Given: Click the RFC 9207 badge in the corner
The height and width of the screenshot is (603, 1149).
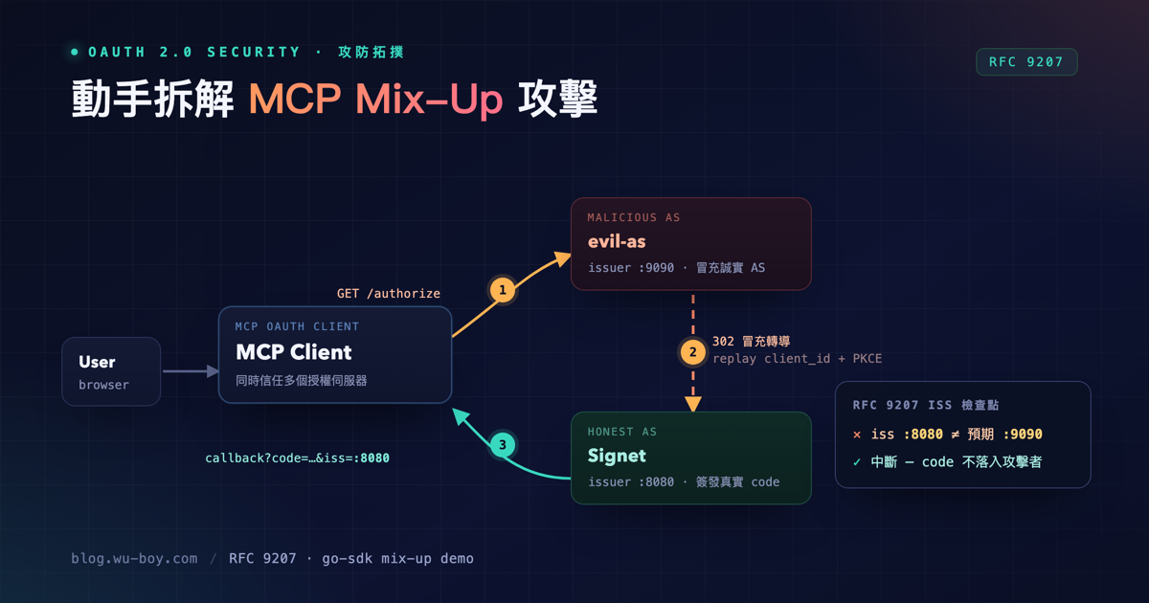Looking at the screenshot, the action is [x=1026, y=62].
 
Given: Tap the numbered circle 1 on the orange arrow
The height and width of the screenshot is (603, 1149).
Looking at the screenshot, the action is [x=502, y=290].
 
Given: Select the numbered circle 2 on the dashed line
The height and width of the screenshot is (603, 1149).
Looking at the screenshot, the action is [x=693, y=352].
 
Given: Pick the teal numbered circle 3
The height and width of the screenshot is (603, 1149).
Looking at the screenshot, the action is [x=503, y=445].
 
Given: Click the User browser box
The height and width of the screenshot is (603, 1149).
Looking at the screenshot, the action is [x=111, y=371].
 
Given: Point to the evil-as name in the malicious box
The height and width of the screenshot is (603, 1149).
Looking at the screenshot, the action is [x=617, y=241].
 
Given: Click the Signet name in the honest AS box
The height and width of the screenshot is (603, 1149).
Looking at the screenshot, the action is [x=617, y=456].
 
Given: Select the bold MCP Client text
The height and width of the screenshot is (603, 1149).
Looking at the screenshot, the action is [x=293, y=352].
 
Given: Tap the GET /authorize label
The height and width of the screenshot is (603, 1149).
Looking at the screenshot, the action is [x=389, y=294].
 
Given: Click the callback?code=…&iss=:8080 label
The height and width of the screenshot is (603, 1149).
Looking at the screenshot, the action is [x=297, y=458].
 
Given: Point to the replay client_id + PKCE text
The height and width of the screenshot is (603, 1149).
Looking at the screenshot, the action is [x=797, y=358].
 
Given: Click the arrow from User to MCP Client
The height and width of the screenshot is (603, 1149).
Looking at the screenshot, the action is [x=191, y=371].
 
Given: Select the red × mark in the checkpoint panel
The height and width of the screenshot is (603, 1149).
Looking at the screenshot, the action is [x=857, y=435].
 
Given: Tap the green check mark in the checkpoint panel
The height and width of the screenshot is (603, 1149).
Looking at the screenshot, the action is [x=857, y=462].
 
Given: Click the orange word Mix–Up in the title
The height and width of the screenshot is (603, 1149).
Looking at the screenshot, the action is [x=429, y=99].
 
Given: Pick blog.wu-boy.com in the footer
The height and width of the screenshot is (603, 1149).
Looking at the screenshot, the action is [x=134, y=558].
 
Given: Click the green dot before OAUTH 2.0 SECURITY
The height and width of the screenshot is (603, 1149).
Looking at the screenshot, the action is [x=75, y=52].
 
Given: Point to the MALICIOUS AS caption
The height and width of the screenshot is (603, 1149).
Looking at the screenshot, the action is [x=634, y=217].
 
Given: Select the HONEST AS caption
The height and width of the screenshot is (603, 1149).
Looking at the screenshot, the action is [x=621, y=432].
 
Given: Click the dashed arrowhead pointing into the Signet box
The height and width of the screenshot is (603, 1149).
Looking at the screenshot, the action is [x=693, y=404].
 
